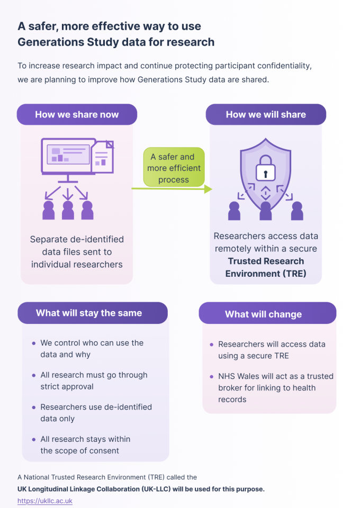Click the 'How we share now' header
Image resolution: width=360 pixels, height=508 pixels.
[x=77, y=114]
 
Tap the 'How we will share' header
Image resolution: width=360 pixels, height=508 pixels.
[x=266, y=114]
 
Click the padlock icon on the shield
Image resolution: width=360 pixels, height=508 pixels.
[x=265, y=168]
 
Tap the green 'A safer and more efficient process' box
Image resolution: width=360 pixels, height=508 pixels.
[x=174, y=168]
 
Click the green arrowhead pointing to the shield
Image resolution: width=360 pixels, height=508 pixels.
[x=208, y=189]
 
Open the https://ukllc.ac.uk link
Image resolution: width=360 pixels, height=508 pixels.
[x=44, y=501]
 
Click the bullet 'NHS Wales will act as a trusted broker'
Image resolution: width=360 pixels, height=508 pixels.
[x=275, y=387]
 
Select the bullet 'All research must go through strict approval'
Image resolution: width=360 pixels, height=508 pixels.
[x=94, y=380]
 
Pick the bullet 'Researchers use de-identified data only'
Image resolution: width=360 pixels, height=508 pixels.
[x=96, y=413]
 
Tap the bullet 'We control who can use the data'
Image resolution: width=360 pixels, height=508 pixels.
[x=92, y=348]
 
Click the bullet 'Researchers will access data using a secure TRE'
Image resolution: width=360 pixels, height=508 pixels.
[x=271, y=350]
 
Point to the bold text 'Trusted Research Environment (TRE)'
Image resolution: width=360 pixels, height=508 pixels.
[x=266, y=267]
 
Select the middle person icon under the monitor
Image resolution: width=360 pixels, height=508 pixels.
[x=68, y=210]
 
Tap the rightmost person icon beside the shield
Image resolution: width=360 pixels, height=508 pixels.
[x=297, y=211]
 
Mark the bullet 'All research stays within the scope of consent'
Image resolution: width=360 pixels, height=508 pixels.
[x=85, y=445]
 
